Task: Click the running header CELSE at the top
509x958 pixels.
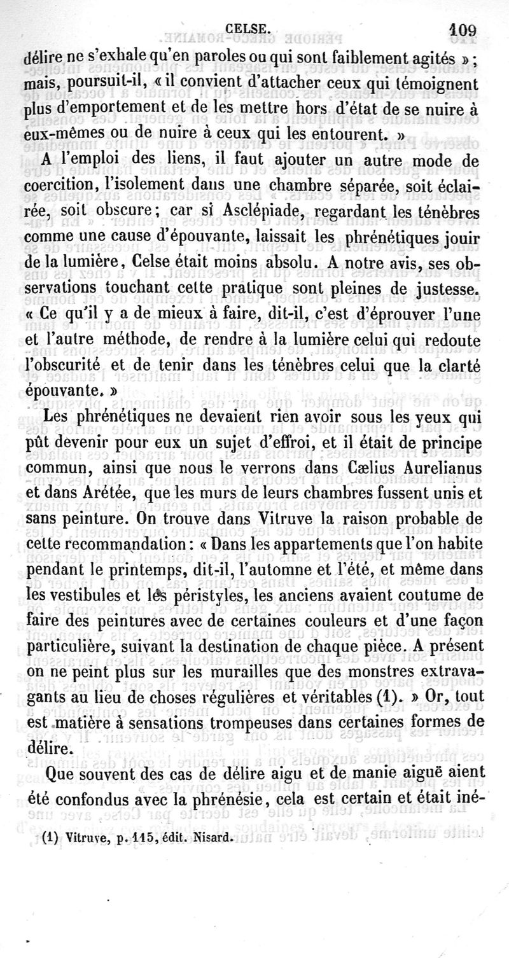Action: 252,27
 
